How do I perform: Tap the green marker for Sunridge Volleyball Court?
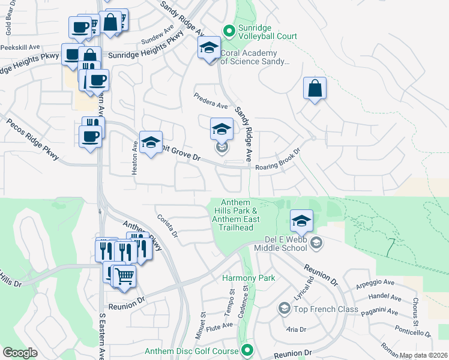pyautogui.click(x=229, y=29)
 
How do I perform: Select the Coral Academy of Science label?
pyautogui.click(x=255, y=57)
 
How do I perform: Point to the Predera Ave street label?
pyautogui.click(x=210, y=100)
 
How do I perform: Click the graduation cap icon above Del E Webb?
pyautogui.click(x=301, y=220)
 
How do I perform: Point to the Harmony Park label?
pyautogui.click(x=248, y=278)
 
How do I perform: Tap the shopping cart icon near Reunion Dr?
pyautogui.click(x=124, y=276)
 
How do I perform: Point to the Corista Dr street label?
pyautogui.click(x=167, y=226)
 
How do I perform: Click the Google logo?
pyautogui.click(x=20, y=353)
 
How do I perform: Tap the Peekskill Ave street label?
pyautogui.click(x=20, y=46)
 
